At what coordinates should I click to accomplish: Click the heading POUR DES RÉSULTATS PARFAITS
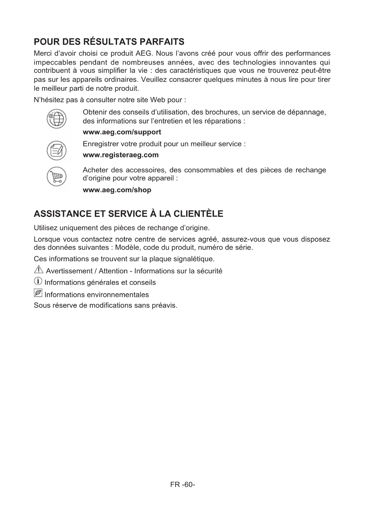coord(109,42)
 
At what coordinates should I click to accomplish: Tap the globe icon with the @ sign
coord(57,119)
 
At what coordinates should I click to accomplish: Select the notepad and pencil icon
coord(57,151)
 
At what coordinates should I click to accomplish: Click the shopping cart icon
coord(57,176)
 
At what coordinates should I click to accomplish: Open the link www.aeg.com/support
coord(122,132)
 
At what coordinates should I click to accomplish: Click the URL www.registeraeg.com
coord(121,155)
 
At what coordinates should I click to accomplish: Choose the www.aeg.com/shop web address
coord(117,190)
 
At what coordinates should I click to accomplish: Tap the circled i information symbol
coord(38,281)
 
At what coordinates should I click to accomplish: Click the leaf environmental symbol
coord(38,293)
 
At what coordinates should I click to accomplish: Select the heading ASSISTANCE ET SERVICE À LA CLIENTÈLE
coord(129,214)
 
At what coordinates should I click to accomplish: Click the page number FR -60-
coord(182,484)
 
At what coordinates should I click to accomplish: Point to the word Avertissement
coord(69,271)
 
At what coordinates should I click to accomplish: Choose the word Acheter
coord(95,170)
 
